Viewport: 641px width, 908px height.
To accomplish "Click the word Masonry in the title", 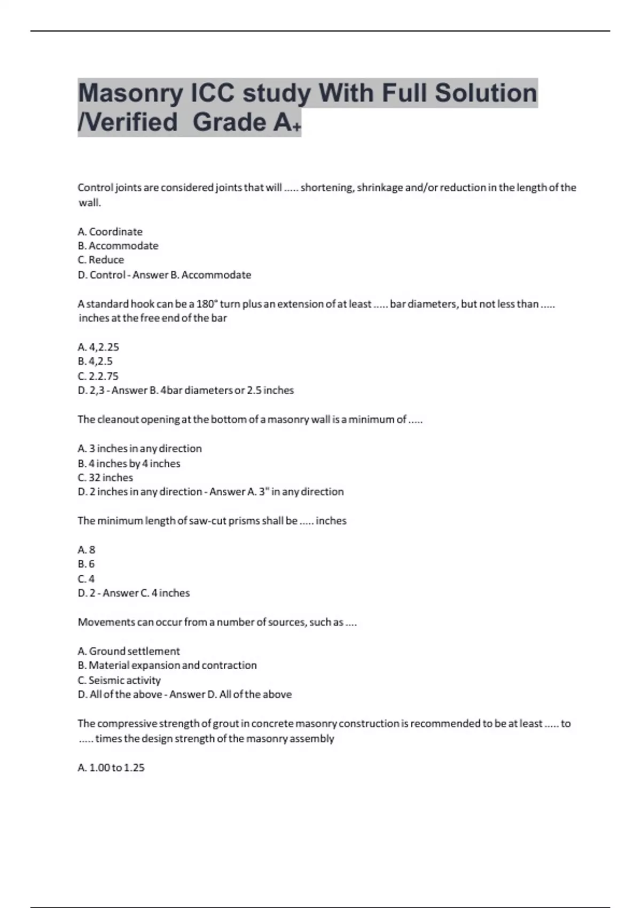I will tap(130, 93).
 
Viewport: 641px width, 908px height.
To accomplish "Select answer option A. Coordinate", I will tap(110, 232).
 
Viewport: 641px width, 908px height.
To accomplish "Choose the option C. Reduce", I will tap(101, 260).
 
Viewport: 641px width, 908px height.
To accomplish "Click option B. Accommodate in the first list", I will tap(118, 246).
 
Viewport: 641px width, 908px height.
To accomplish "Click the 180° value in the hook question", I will tap(207, 304).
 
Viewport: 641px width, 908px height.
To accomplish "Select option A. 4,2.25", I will tap(98, 347).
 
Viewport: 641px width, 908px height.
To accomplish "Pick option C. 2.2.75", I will tap(98, 376).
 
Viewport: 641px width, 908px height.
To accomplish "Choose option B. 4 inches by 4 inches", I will tap(129, 464).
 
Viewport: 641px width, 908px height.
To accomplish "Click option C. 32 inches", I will tap(105, 478).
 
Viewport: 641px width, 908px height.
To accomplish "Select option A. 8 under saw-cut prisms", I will tap(87, 550).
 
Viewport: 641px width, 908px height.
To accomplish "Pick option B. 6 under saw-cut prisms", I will tap(87, 564).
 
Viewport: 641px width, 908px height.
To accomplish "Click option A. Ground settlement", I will tap(129, 651).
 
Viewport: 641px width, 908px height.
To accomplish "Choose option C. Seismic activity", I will tap(119, 680).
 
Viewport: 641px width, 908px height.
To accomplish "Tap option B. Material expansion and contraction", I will tap(167, 666).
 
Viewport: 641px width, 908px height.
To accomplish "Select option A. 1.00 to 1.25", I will tap(111, 768).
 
